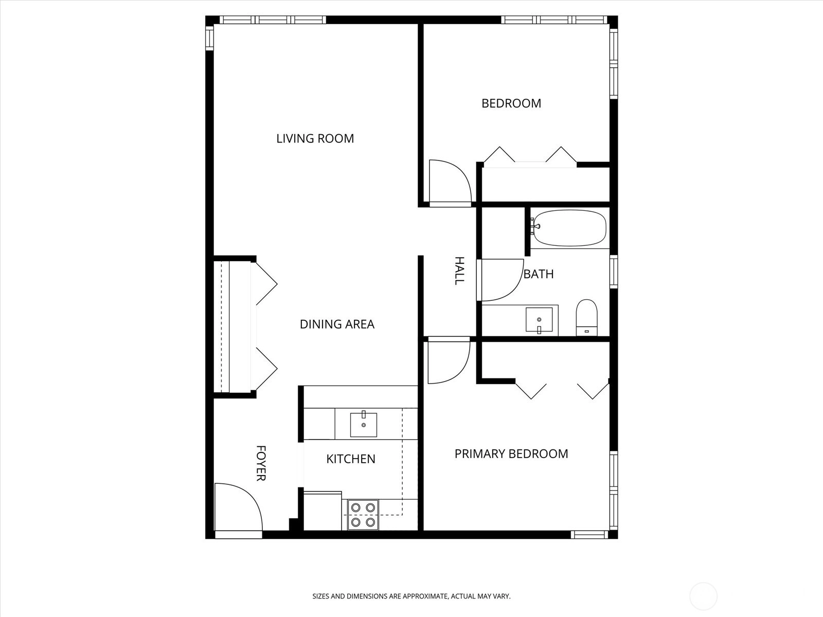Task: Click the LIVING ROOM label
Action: (315, 139)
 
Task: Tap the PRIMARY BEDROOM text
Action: (511, 453)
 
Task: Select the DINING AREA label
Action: (337, 324)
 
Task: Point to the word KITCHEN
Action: (351, 459)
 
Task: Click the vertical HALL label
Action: (460, 271)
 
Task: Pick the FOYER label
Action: (261, 463)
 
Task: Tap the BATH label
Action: (539, 274)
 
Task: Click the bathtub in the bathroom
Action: (569, 228)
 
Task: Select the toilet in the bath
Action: (586, 317)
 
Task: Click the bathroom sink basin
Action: (539, 319)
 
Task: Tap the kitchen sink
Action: (363, 425)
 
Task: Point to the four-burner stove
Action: (363, 515)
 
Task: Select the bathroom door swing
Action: (500, 280)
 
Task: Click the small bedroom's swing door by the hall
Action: (450, 183)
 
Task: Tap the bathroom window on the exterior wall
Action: (614, 271)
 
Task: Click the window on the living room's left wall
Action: (209, 38)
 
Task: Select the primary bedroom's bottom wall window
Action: (589, 535)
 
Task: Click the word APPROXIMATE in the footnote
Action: (425, 596)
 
